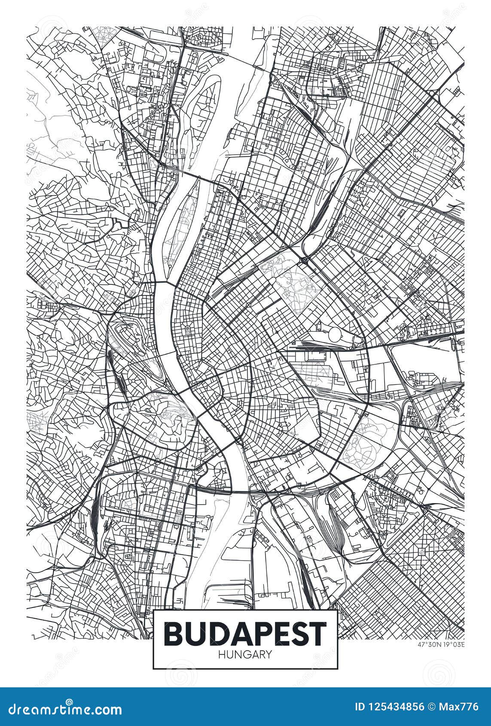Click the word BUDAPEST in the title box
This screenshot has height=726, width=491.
click(245, 634)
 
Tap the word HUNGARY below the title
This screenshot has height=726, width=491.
click(245, 654)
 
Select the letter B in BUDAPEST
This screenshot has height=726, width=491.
click(172, 634)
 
